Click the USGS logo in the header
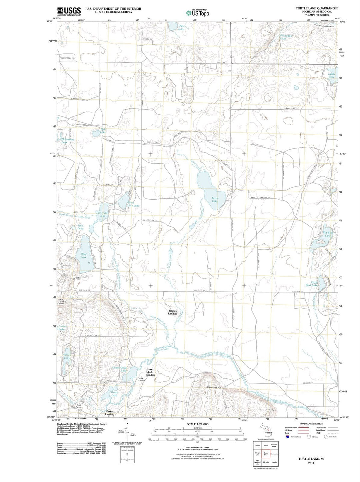69,11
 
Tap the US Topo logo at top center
198,13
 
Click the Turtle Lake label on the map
215,200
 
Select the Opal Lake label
83,256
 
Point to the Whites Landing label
173,312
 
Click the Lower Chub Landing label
151,372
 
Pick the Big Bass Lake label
328,234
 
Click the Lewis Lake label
331,75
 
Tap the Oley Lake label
181,27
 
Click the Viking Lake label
67,357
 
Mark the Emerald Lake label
102,214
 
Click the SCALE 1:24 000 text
198,424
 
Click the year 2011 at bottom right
311,463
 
